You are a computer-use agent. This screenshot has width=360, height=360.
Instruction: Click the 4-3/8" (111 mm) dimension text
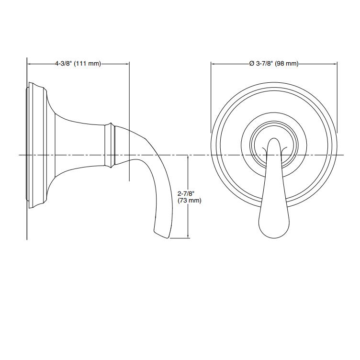tap(78, 64)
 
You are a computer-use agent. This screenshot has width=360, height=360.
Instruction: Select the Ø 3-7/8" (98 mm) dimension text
tap(274, 64)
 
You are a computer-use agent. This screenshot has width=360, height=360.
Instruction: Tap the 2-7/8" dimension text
tap(185, 193)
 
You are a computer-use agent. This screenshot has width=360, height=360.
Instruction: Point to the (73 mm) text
tap(190, 201)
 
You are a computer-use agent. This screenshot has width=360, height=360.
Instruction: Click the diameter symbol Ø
tap(252, 64)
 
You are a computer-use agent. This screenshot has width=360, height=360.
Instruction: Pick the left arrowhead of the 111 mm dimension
tap(29, 64)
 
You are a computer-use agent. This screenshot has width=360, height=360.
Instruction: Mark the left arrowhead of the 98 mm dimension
tap(214, 64)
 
